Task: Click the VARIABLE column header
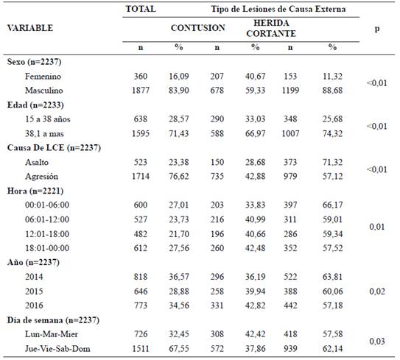[x=30, y=28]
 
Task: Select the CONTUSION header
[x=198, y=28]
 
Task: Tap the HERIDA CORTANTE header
[x=271, y=28]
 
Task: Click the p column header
[x=377, y=29]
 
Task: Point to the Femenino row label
[x=43, y=77]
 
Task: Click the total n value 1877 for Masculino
[x=141, y=91]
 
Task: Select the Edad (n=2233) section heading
[x=35, y=105]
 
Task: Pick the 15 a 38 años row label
[x=47, y=119]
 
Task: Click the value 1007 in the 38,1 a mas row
[x=290, y=133]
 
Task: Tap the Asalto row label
[x=37, y=162]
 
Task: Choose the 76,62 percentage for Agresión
[x=178, y=176]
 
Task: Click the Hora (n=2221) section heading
[x=35, y=191]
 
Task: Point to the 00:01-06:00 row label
[x=47, y=205]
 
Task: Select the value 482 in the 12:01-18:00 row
[x=141, y=234]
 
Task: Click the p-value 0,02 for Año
[x=377, y=291]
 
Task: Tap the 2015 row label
[x=34, y=291]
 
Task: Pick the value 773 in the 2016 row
[x=141, y=306]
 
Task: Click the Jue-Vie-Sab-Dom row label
[x=57, y=348]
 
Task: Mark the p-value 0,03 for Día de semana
[x=377, y=341]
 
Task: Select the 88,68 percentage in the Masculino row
[x=332, y=91]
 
